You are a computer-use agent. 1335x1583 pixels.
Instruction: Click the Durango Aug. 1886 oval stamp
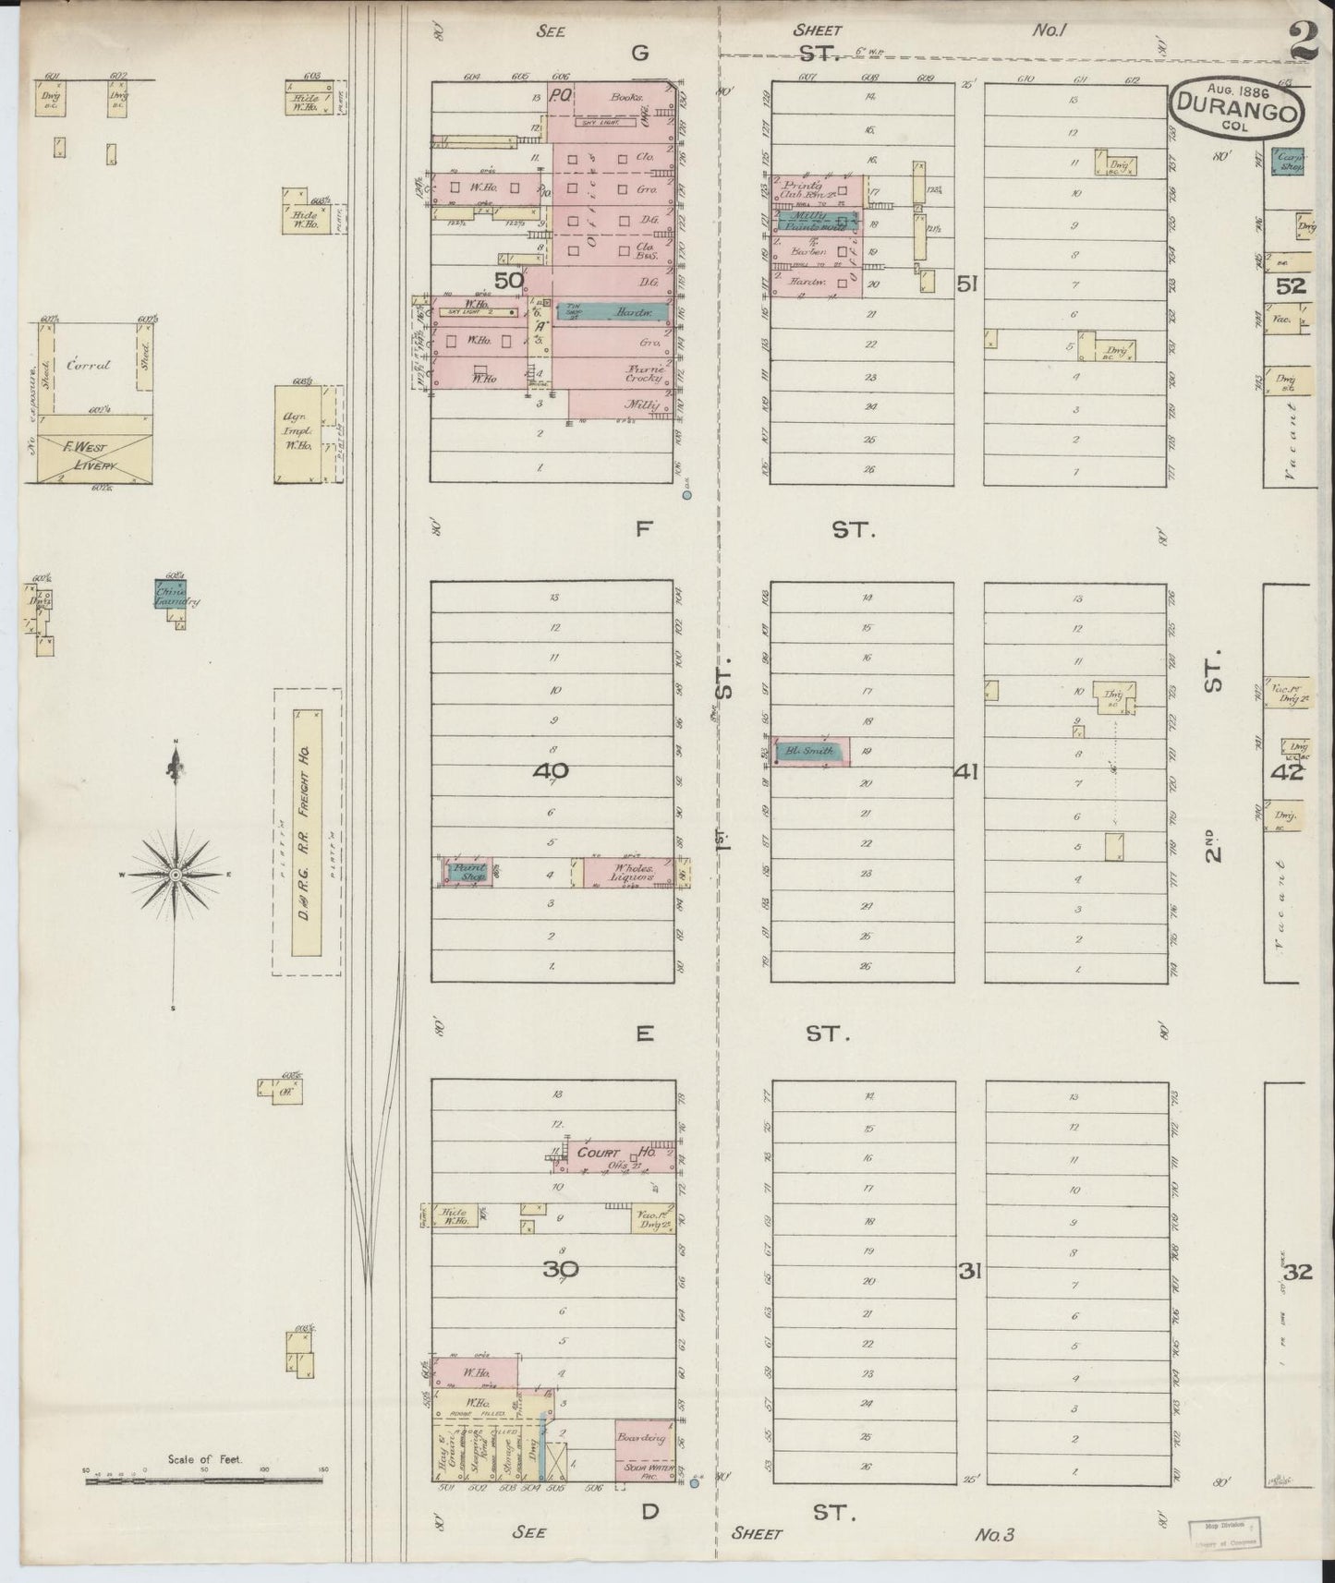click(x=1236, y=108)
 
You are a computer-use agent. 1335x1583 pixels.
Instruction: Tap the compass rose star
click(x=174, y=873)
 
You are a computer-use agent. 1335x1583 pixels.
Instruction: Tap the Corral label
click(x=89, y=365)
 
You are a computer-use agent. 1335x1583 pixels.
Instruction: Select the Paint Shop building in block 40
click(x=469, y=873)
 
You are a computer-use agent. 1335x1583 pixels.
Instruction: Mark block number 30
click(x=560, y=1270)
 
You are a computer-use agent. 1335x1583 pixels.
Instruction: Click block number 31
click(x=968, y=1272)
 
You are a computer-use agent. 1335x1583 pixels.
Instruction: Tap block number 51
click(x=967, y=285)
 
